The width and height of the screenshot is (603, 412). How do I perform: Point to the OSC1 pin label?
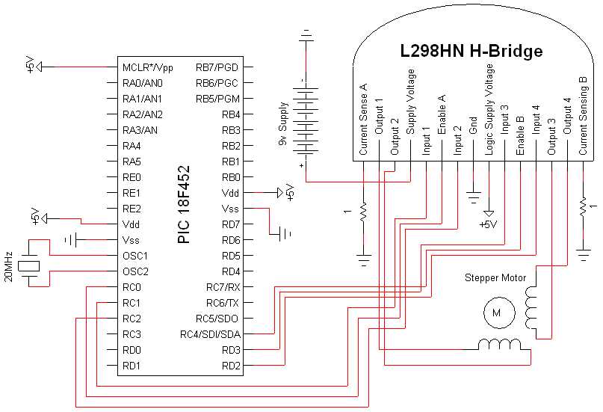click(x=136, y=256)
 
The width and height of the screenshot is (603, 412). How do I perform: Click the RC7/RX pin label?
click(x=223, y=287)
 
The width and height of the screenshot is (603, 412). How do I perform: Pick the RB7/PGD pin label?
click(x=218, y=67)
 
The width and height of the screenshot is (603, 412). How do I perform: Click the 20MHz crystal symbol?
click(x=29, y=263)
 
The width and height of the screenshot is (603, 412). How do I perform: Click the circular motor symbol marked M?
click(x=495, y=314)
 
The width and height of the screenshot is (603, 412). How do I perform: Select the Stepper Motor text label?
click(x=495, y=278)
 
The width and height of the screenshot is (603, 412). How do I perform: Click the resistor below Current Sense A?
click(x=363, y=212)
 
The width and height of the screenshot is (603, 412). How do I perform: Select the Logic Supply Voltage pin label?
click(x=489, y=108)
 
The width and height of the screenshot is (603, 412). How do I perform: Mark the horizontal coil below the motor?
click(x=501, y=344)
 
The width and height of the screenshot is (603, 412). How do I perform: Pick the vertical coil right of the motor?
click(x=532, y=308)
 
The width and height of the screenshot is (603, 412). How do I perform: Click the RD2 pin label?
click(x=231, y=366)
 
